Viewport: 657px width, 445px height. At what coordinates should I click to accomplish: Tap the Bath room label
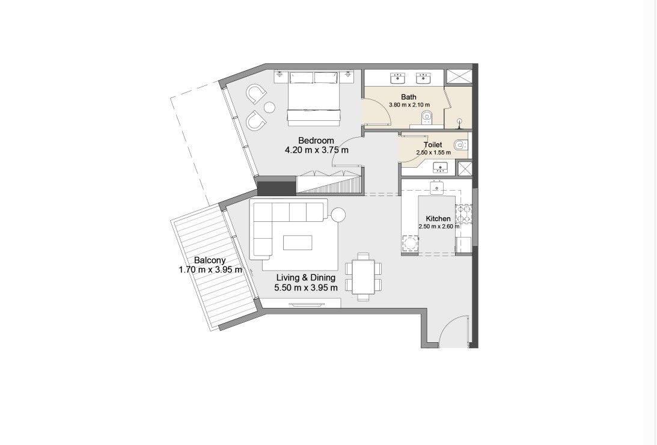pyautogui.click(x=409, y=97)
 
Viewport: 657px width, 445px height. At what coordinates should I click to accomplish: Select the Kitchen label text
pyautogui.click(x=438, y=218)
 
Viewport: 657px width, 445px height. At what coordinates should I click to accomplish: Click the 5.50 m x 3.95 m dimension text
pyautogui.click(x=306, y=287)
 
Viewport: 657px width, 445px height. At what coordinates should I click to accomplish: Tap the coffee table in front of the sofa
pyautogui.click(x=298, y=242)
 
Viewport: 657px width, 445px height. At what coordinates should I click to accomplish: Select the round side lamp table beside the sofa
pyautogui.click(x=337, y=215)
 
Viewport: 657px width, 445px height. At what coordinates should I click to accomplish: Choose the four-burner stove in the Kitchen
pyautogui.click(x=463, y=214)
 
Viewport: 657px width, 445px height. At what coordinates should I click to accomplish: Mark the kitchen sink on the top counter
pyautogui.click(x=437, y=188)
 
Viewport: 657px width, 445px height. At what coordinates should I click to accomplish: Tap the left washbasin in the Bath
pyautogui.click(x=399, y=78)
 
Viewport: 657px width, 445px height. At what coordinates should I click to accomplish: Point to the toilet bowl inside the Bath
pyautogui.click(x=426, y=115)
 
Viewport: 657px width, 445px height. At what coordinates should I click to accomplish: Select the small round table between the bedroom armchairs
pyautogui.click(x=269, y=107)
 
